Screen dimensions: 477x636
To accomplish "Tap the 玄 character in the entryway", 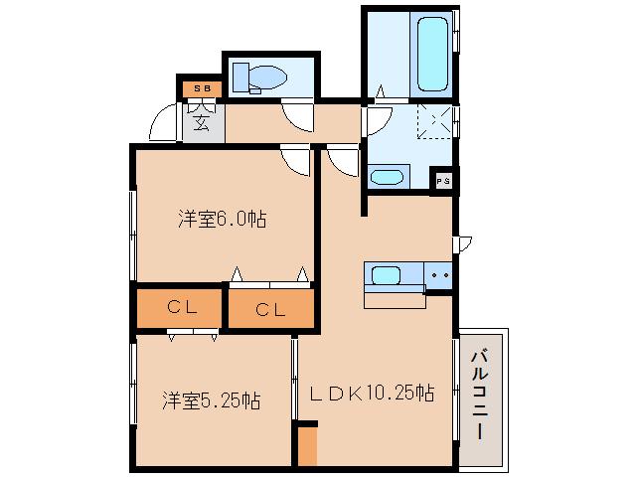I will click(202, 123).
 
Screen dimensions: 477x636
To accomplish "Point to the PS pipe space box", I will click(443, 180).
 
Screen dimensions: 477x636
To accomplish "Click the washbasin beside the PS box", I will click(387, 177).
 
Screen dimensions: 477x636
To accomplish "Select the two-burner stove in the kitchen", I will click(439, 273).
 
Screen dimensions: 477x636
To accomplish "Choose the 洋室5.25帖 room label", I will click(213, 400).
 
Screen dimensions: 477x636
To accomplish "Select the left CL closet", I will click(180, 307).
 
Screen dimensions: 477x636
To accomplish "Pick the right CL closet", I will click(270, 308).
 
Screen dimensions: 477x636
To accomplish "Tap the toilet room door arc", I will click(296, 116).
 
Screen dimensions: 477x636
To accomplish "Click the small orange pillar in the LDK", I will click(307, 444).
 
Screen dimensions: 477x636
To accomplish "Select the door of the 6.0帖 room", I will click(295, 159).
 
